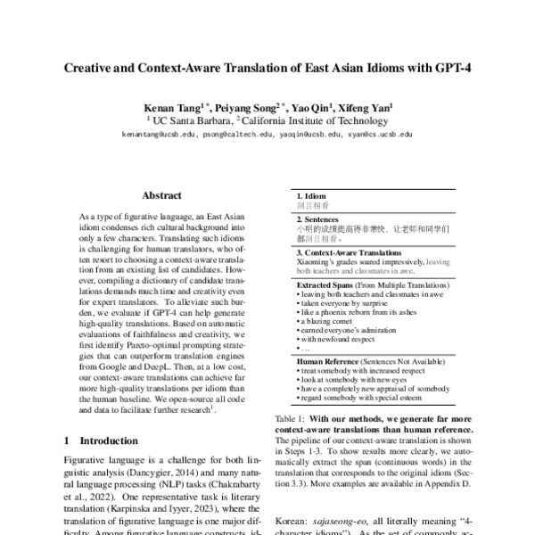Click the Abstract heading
pos(160,194)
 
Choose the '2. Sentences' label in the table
pos(317,218)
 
